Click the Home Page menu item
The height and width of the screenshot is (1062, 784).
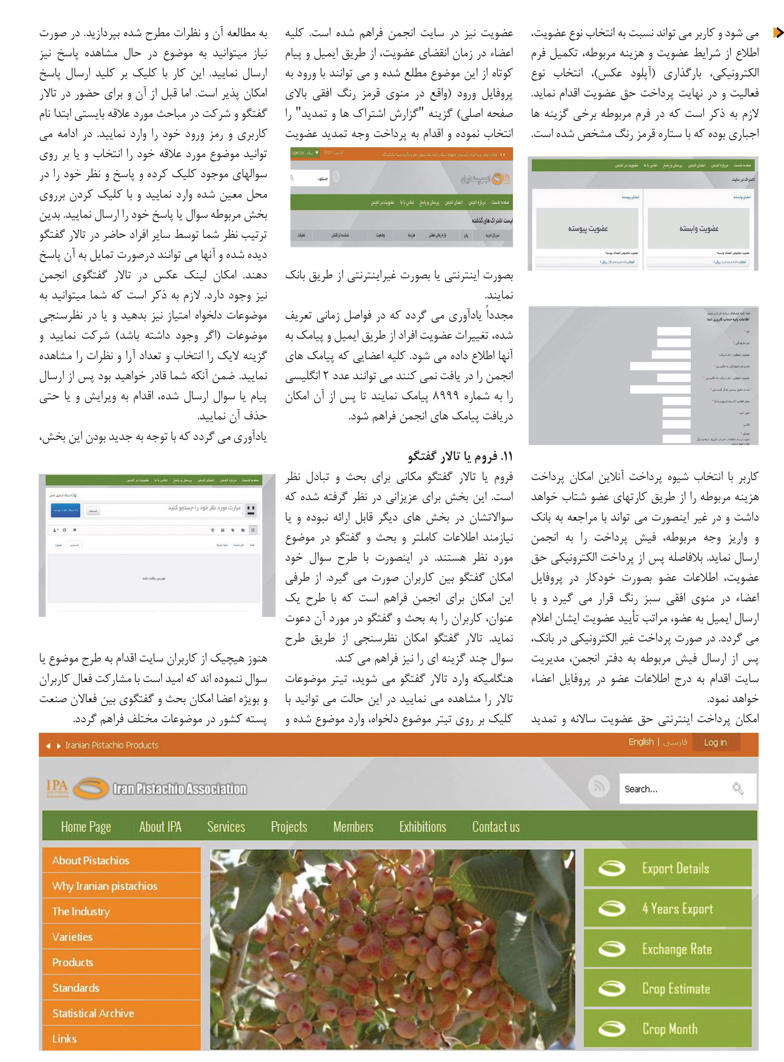click(86, 827)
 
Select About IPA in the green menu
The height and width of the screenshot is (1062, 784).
click(160, 827)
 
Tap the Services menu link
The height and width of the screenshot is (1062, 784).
click(226, 827)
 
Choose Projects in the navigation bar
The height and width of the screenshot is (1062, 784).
click(289, 827)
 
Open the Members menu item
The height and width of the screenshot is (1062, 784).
click(353, 827)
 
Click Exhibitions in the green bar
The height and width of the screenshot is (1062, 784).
click(422, 827)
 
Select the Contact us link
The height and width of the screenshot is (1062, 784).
click(495, 827)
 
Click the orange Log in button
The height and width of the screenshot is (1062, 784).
click(715, 742)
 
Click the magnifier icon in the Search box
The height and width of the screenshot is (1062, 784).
click(737, 788)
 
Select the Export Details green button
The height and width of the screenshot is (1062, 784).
click(667, 868)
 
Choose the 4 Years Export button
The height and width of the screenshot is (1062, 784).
click(667, 908)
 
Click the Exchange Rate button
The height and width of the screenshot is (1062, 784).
click(667, 949)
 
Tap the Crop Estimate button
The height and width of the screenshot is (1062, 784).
click(667, 989)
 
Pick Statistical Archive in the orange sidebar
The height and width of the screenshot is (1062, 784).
click(93, 1013)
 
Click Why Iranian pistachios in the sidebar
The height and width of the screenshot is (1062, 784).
click(104, 886)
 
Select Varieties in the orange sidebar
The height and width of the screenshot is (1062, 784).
click(72, 937)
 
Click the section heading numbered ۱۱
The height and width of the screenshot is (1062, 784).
click(460, 456)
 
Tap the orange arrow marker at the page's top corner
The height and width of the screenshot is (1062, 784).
click(777, 33)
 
